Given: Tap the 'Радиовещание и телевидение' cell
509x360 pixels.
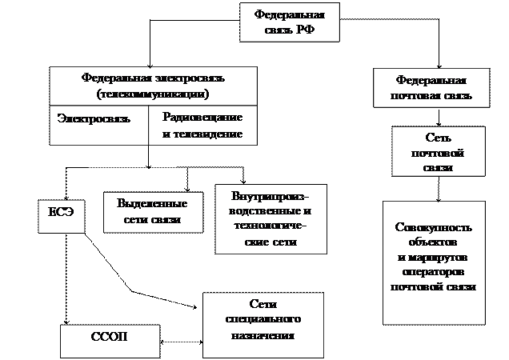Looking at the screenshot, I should [x=202, y=126].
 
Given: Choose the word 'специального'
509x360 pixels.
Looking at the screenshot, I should [x=263, y=320].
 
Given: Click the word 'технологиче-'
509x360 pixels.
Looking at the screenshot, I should [x=263, y=226].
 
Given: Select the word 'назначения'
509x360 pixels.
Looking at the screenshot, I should [x=263, y=335].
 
